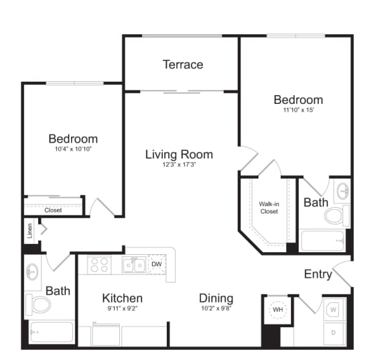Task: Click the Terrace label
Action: tap(183, 64)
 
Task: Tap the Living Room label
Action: tap(179, 154)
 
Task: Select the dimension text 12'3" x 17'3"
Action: tap(179, 165)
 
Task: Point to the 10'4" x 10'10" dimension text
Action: tap(73, 149)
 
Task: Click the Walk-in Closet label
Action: tap(269, 207)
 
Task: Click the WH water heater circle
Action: tap(277, 310)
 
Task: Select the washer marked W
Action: tap(333, 310)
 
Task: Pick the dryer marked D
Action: tap(333, 332)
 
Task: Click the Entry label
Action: tap(318, 274)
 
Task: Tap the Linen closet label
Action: tap(29, 231)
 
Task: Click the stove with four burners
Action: tap(99, 265)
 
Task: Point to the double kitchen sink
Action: tap(133, 265)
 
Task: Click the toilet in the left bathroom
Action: tap(40, 305)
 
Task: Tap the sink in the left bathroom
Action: tap(34, 271)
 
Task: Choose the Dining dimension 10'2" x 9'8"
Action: tap(216, 309)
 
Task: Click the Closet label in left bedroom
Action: tap(53, 210)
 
